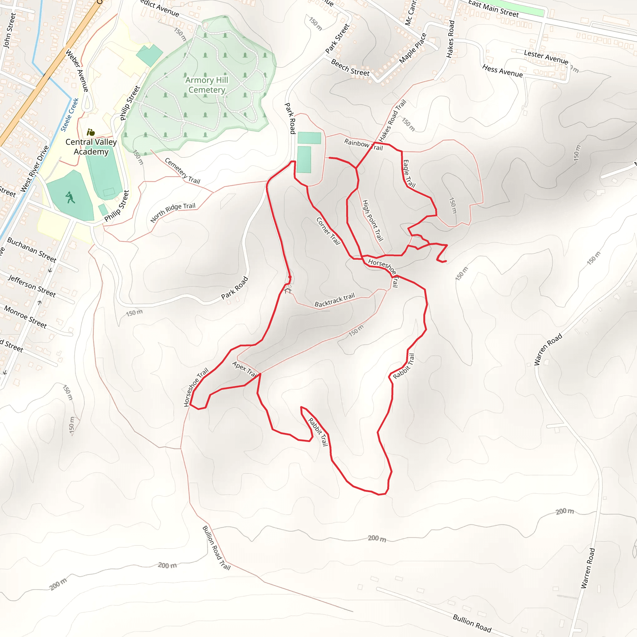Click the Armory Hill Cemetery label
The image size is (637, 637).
pyautogui.click(x=207, y=85)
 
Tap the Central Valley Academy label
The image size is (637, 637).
pyautogui.click(x=91, y=147)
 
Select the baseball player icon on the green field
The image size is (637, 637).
pyautogui.click(x=70, y=198)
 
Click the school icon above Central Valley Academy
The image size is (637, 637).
pyautogui.click(x=91, y=133)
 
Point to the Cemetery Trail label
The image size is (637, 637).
pyautogui.click(x=182, y=171)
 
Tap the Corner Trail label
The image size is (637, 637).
pyautogui.click(x=328, y=231)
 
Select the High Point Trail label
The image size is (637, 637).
pyautogui.click(x=373, y=220)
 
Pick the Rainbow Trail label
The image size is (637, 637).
pyautogui.click(x=363, y=145)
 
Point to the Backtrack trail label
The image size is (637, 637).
pyautogui.click(x=334, y=300)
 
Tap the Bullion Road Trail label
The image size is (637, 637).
pyautogui.click(x=216, y=548)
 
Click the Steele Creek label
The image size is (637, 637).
pyautogui.click(x=70, y=114)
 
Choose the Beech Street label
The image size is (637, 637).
pyautogui.click(x=350, y=67)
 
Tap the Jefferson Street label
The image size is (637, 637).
pyautogui.click(x=32, y=286)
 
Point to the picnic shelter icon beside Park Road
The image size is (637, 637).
pyautogui.click(x=288, y=290)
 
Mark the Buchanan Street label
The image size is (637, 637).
pyautogui.click(x=32, y=249)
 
